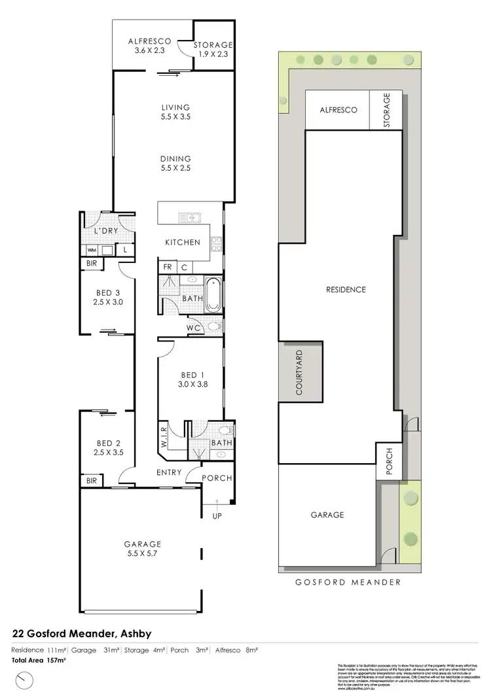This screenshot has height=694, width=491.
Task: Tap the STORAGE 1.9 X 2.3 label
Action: point(213,50)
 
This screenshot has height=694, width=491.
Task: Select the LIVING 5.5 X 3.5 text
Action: point(175,112)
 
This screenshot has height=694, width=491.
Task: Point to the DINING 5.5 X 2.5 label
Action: point(175,163)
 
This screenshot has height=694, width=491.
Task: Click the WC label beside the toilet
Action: point(193,326)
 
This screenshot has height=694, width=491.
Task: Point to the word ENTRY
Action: point(170,472)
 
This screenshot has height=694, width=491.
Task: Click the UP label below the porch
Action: point(216,516)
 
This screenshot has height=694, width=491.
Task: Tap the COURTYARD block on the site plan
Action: point(300,372)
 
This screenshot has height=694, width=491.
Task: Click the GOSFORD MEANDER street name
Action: point(347,581)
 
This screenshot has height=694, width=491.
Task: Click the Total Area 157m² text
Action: point(40,661)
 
